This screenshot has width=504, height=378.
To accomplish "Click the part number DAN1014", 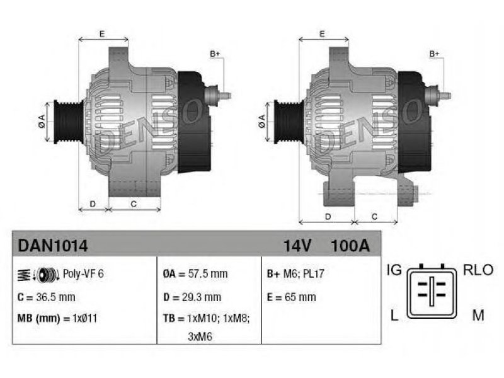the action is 53,246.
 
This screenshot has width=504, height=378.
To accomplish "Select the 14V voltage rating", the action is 297,246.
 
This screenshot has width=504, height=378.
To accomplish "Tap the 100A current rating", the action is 350,246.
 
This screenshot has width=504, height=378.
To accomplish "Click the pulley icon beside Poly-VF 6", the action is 47,275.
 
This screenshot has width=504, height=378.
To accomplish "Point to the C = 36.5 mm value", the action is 46,297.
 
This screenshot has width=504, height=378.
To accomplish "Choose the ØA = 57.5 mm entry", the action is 195,274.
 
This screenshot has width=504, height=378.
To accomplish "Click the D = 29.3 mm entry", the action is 192,297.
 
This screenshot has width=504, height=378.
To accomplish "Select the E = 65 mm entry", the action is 292,297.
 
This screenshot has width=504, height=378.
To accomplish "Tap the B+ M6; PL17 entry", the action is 295,274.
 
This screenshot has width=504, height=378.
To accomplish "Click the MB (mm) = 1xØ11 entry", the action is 57,319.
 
